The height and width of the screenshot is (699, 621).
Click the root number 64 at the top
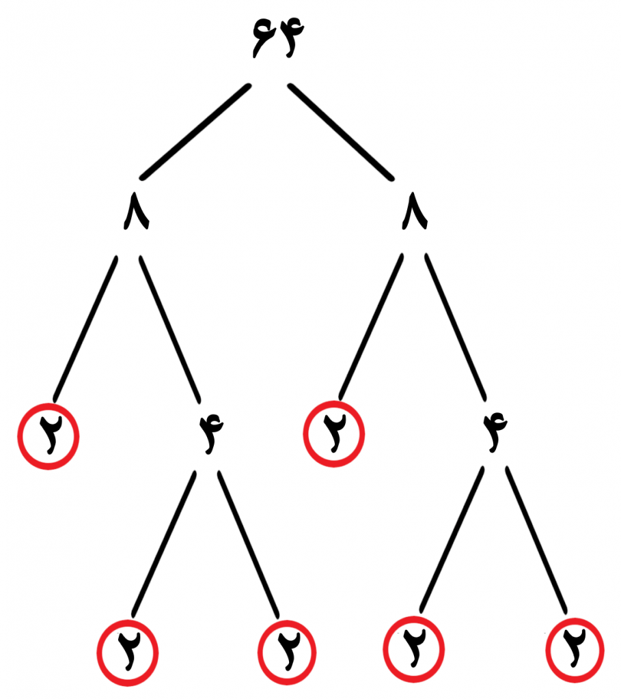(x=278, y=39)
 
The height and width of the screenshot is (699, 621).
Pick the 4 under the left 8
(x=211, y=433)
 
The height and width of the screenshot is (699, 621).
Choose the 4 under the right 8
(x=495, y=432)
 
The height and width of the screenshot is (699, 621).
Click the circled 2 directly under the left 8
(x=49, y=436)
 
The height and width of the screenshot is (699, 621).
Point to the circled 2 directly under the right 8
(x=333, y=433)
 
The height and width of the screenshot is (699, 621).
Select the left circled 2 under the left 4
(x=128, y=653)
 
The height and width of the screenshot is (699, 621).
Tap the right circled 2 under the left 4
(x=288, y=653)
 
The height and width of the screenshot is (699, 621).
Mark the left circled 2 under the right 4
(x=413, y=650)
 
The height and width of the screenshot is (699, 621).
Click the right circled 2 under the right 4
(x=575, y=650)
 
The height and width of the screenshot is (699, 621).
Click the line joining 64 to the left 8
(x=195, y=132)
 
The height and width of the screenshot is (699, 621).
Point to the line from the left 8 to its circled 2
(x=85, y=328)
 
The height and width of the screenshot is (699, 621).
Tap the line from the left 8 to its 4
(x=169, y=327)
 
